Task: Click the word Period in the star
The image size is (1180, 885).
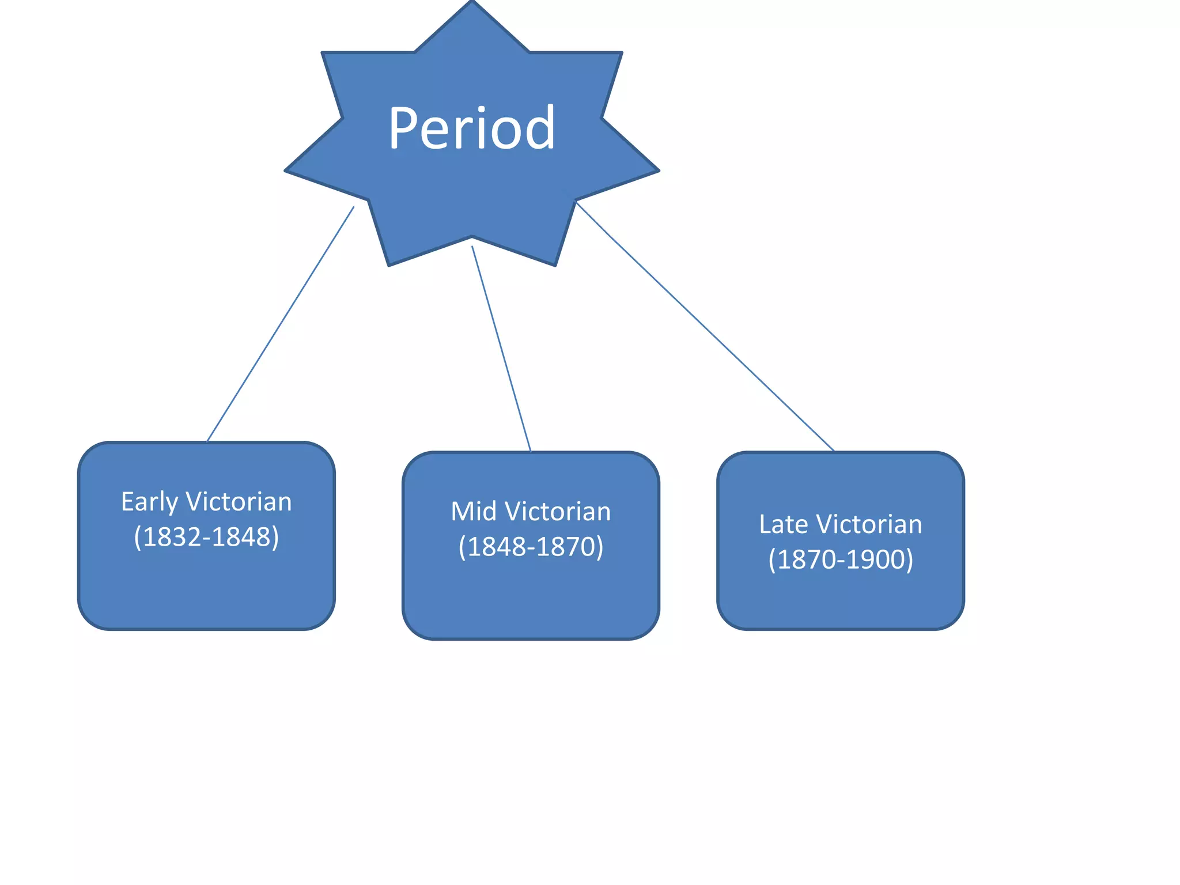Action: pyautogui.click(x=472, y=128)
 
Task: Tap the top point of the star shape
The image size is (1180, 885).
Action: pyautogui.click(x=472, y=1)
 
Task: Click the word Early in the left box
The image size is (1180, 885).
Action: pyautogui.click(x=149, y=502)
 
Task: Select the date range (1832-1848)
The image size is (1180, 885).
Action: pyautogui.click(x=206, y=537)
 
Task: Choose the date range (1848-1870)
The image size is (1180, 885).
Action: pyautogui.click(x=531, y=547)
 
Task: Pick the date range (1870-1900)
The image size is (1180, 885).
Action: pyautogui.click(x=841, y=559)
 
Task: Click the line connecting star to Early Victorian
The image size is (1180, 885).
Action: pyautogui.click(x=281, y=324)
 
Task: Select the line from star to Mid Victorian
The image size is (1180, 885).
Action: pyautogui.click(x=501, y=349)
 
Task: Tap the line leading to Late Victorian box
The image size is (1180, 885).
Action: pyautogui.click(x=705, y=326)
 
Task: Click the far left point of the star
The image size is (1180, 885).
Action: pyautogui.click(x=285, y=171)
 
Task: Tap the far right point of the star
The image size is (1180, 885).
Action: pyautogui.click(x=659, y=171)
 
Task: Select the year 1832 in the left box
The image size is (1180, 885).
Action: pyautogui.click(x=171, y=537)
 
